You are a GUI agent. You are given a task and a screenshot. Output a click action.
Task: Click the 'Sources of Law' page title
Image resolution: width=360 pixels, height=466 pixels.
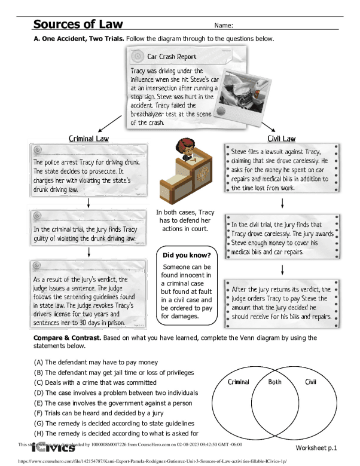[78, 24]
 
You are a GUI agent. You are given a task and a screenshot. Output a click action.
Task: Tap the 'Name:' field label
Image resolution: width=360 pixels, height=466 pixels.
[222, 26]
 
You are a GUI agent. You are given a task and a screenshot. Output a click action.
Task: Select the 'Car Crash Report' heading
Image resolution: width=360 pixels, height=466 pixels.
[172, 57]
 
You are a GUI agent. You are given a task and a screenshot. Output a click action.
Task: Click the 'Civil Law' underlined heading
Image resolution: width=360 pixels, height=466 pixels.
[281, 139]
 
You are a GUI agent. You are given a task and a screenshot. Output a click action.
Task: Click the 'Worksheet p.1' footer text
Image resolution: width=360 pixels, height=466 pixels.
[316, 447]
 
